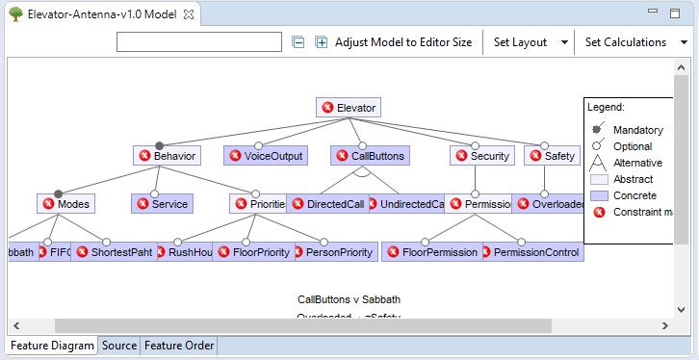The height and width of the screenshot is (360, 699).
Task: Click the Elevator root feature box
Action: click(349, 108)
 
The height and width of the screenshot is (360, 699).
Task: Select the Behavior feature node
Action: click(168, 155)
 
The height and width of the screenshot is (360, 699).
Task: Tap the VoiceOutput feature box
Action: click(265, 155)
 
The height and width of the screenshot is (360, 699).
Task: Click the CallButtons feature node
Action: click(369, 155)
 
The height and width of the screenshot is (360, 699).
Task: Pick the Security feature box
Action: click(481, 155)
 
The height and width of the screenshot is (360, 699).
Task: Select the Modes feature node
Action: click(66, 203)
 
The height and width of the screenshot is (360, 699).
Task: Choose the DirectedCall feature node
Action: click(327, 203)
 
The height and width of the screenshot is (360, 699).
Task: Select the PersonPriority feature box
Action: click(333, 251)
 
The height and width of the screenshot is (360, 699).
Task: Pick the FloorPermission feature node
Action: click(431, 251)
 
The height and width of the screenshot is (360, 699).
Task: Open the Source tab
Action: click(118, 346)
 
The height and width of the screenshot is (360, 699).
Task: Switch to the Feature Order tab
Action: click(179, 346)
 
